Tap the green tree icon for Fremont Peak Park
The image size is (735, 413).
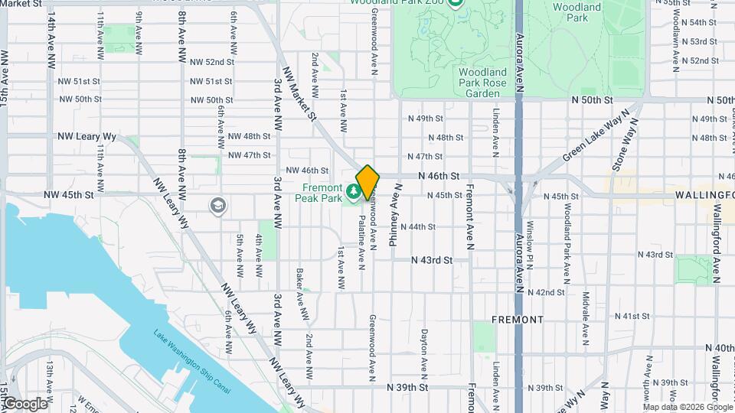click(x=354, y=190)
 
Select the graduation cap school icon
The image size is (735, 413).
click(x=218, y=205)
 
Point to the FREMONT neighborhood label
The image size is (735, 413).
click(x=518, y=319)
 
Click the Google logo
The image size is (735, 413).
click(x=24, y=403)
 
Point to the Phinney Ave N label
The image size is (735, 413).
click(x=395, y=218)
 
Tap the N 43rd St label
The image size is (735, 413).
click(x=432, y=260)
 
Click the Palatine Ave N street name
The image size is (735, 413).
click(x=361, y=242)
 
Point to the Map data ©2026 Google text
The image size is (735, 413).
click(x=689, y=406)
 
